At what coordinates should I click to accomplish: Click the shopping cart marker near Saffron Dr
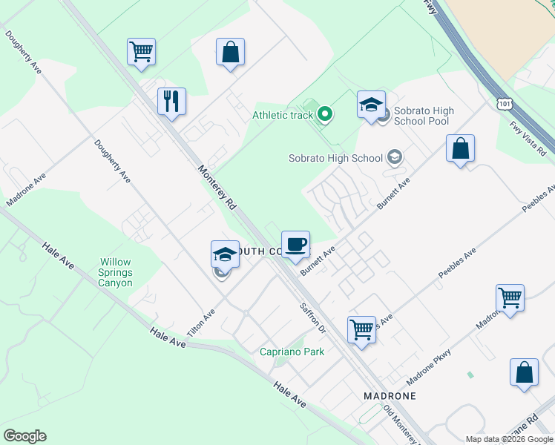361,329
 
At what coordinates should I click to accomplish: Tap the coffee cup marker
295,245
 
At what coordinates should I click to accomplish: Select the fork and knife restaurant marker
171,102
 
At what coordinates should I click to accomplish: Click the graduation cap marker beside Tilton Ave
225,255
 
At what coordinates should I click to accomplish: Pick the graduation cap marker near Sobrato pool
371,105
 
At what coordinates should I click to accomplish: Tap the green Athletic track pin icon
324,114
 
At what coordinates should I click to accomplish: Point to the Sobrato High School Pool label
424,116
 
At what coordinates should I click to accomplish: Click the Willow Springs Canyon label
117,273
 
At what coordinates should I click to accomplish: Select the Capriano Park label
292,352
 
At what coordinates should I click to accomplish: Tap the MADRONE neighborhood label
390,396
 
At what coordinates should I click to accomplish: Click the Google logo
24,436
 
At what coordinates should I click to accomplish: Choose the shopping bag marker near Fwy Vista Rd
460,150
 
